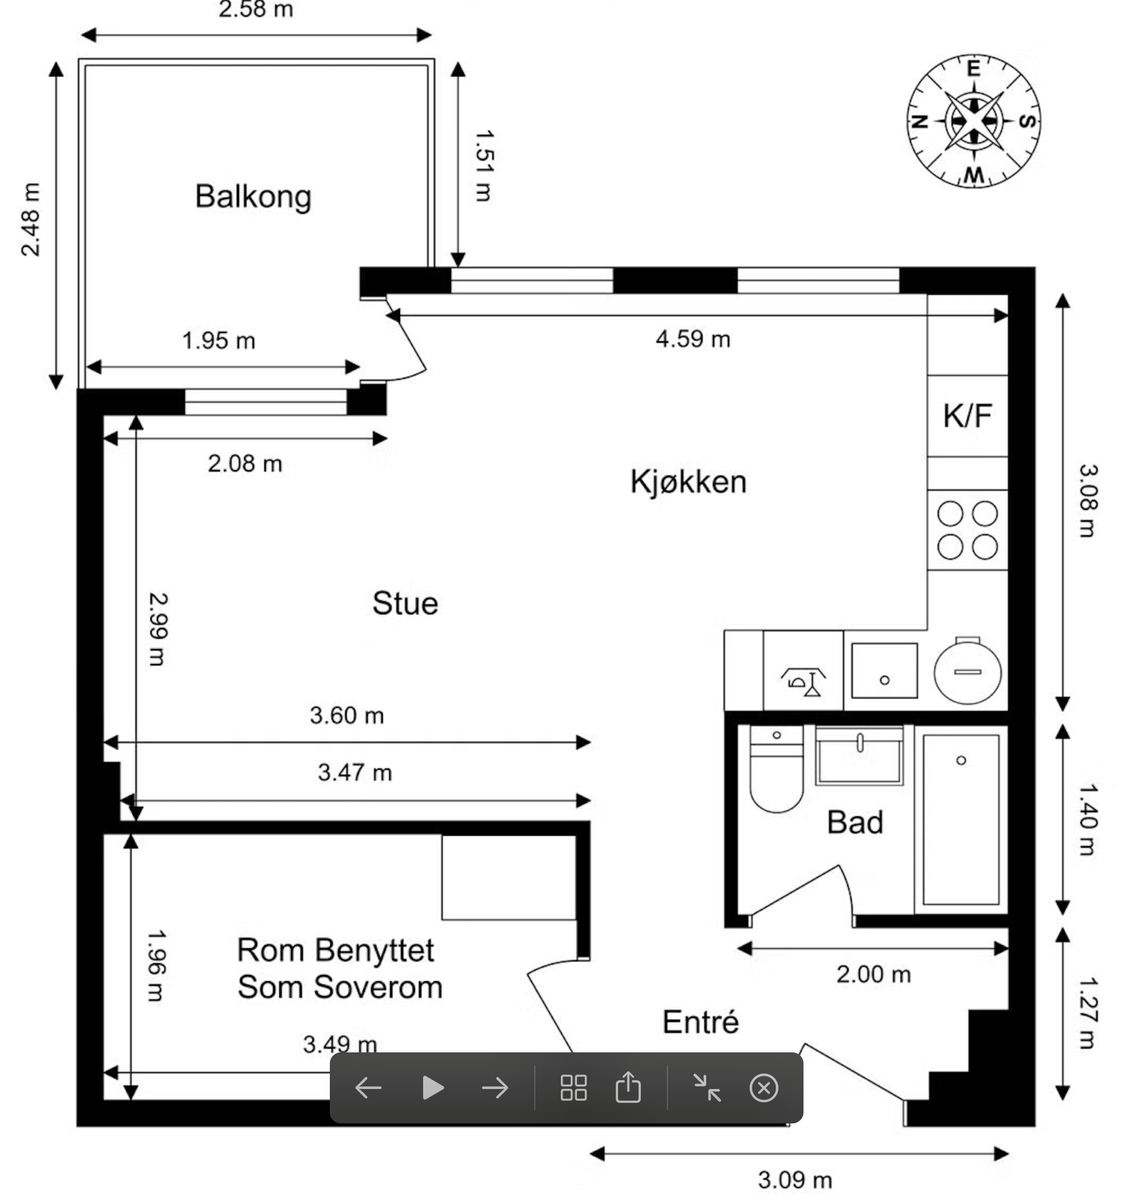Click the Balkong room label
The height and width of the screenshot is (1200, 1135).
[253, 196]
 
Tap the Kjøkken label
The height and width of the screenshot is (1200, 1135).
[688, 482]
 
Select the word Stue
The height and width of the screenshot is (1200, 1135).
[405, 604]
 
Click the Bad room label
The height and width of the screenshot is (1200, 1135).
[855, 823]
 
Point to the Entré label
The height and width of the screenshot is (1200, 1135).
[700, 1022]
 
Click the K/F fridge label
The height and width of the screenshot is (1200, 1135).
[967, 416]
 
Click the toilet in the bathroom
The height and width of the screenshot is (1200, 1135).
[776, 771]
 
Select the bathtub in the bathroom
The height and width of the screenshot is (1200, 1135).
[961, 820]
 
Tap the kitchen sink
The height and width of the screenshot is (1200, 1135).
[884, 671]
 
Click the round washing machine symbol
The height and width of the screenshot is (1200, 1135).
[968, 671]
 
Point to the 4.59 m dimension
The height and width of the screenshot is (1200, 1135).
[693, 339]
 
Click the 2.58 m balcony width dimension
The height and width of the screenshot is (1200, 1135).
[256, 11]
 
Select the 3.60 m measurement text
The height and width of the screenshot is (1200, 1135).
[347, 716]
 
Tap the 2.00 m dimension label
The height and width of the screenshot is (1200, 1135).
[874, 974]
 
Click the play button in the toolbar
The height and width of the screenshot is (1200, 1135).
[433, 1088]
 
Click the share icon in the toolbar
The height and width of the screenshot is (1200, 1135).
[628, 1088]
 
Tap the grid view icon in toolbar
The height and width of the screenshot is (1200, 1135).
[574, 1088]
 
